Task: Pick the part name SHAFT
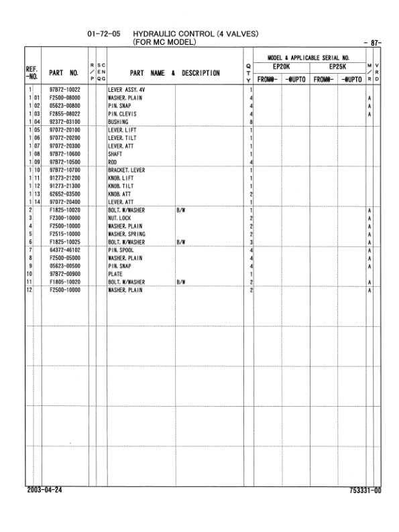115,154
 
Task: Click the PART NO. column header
64,72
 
